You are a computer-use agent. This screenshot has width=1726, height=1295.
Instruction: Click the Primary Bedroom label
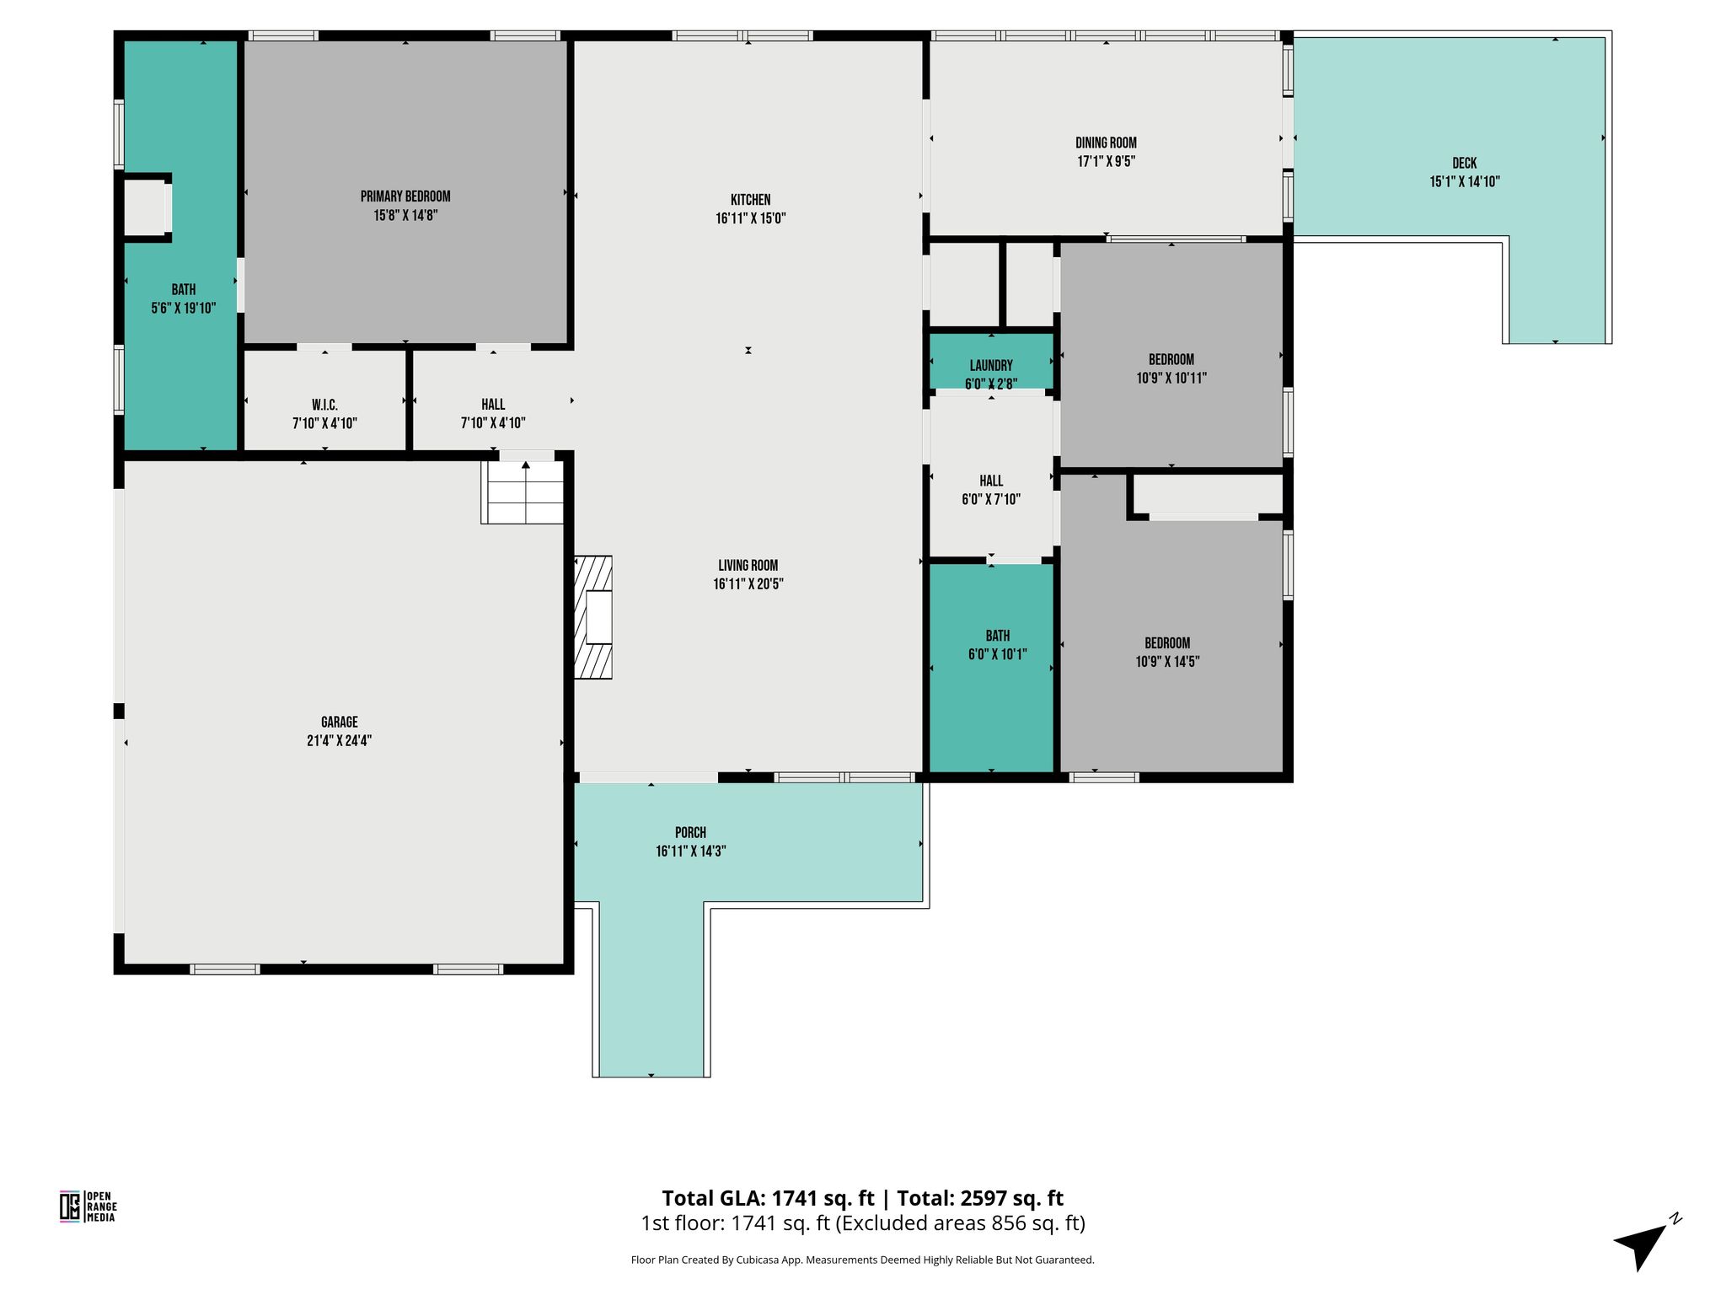[405, 196]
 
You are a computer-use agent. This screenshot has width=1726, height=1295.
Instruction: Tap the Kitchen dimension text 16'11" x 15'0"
[750, 218]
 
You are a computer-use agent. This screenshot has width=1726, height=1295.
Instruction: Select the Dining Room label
[1106, 143]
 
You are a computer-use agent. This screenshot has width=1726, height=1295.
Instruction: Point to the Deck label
[1465, 164]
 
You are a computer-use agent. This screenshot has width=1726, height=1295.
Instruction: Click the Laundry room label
[991, 366]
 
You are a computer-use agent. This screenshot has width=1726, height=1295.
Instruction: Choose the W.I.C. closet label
[324, 406]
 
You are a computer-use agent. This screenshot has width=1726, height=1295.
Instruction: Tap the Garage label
[340, 723]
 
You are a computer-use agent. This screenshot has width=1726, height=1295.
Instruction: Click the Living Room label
[748, 566]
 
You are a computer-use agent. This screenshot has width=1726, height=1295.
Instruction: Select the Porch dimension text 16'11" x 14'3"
[691, 852]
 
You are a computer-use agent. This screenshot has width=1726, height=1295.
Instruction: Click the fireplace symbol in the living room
[593, 617]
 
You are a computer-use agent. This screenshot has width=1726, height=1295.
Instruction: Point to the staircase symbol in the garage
[523, 492]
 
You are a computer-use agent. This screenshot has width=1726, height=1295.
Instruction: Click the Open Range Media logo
[88, 1206]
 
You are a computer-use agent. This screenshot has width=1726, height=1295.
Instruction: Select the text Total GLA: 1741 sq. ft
[769, 1198]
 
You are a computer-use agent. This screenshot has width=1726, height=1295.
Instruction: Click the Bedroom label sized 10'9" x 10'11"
[1171, 360]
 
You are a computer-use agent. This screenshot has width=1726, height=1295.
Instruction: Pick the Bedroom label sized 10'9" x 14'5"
[1167, 643]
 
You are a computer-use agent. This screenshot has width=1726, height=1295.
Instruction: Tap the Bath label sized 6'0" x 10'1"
[998, 636]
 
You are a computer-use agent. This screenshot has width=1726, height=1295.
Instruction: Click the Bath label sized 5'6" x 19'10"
[184, 290]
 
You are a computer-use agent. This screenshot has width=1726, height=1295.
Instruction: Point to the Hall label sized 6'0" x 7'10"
[991, 481]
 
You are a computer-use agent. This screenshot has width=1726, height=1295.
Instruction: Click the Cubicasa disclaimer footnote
[863, 1260]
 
